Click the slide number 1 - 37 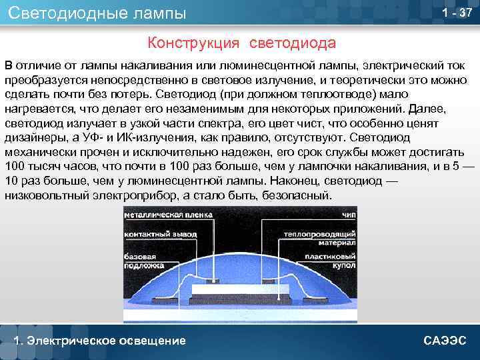pyautogui.click(x=457, y=14)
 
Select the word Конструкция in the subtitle pyautogui.click(x=193, y=43)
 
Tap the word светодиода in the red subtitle pyautogui.click(x=293, y=43)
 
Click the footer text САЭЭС pyautogui.click(x=445, y=341)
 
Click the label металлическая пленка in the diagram pyautogui.click(x=168, y=215)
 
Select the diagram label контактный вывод pyautogui.click(x=157, y=235)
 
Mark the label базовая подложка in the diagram pyautogui.click(x=145, y=261)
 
